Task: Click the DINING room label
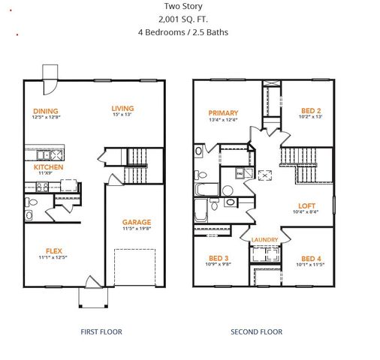click(x=46, y=111)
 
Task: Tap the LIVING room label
click(x=122, y=107)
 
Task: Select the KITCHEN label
click(x=48, y=166)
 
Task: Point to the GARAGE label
click(x=137, y=222)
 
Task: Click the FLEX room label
click(x=53, y=251)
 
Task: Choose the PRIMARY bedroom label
click(x=223, y=113)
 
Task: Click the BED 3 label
click(x=218, y=258)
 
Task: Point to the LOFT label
click(x=306, y=205)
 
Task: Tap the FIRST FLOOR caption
click(x=101, y=331)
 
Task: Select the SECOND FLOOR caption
click(x=256, y=331)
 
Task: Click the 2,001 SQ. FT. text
click(x=182, y=19)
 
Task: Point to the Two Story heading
click(x=182, y=7)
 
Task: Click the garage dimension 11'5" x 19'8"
click(x=137, y=229)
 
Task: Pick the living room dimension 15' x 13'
click(x=122, y=114)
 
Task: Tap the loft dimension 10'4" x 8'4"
click(x=306, y=212)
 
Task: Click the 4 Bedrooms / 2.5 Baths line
click(x=182, y=32)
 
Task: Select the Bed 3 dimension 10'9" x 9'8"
click(x=218, y=265)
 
